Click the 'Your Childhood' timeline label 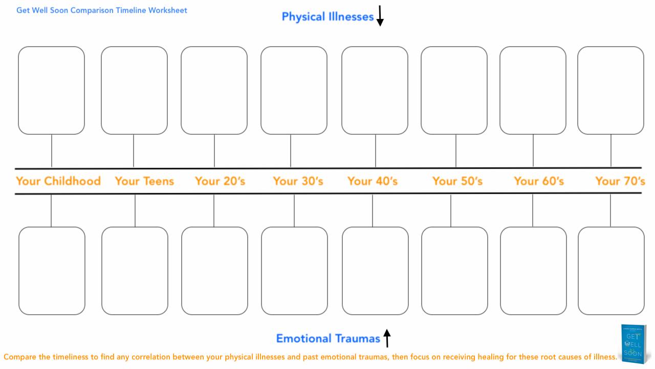click(x=58, y=181)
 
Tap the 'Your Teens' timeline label click(x=144, y=181)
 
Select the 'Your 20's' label click(x=220, y=181)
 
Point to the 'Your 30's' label click(x=298, y=181)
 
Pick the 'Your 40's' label click(x=373, y=181)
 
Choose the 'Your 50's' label click(x=457, y=181)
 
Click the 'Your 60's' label click(x=539, y=181)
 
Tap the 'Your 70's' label click(x=620, y=181)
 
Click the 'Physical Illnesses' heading click(x=327, y=17)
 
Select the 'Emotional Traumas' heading click(x=328, y=338)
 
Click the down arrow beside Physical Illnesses click(x=380, y=16)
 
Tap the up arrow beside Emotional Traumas click(x=387, y=338)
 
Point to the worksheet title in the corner click(x=102, y=10)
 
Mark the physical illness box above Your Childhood click(x=51, y=90)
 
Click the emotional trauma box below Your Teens click(x=135, y=271)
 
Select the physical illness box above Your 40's click(x=375, y=90)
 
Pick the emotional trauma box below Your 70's click(x=611, y=271)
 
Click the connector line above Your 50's click(x=456, y=151)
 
